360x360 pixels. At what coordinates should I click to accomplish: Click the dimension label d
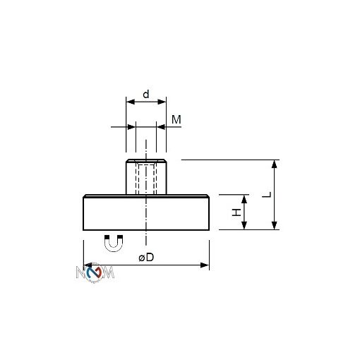(x=146, y=93)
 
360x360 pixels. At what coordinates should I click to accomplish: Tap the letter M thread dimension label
(x=176, y=120)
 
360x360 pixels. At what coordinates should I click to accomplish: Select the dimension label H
(x=238, y=212)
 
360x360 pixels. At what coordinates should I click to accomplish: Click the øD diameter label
(x=146, y=258)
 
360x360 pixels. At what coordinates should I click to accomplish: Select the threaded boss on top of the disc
(x=146, y=177)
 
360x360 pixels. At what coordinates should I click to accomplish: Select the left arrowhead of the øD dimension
(x=88, y=265)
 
